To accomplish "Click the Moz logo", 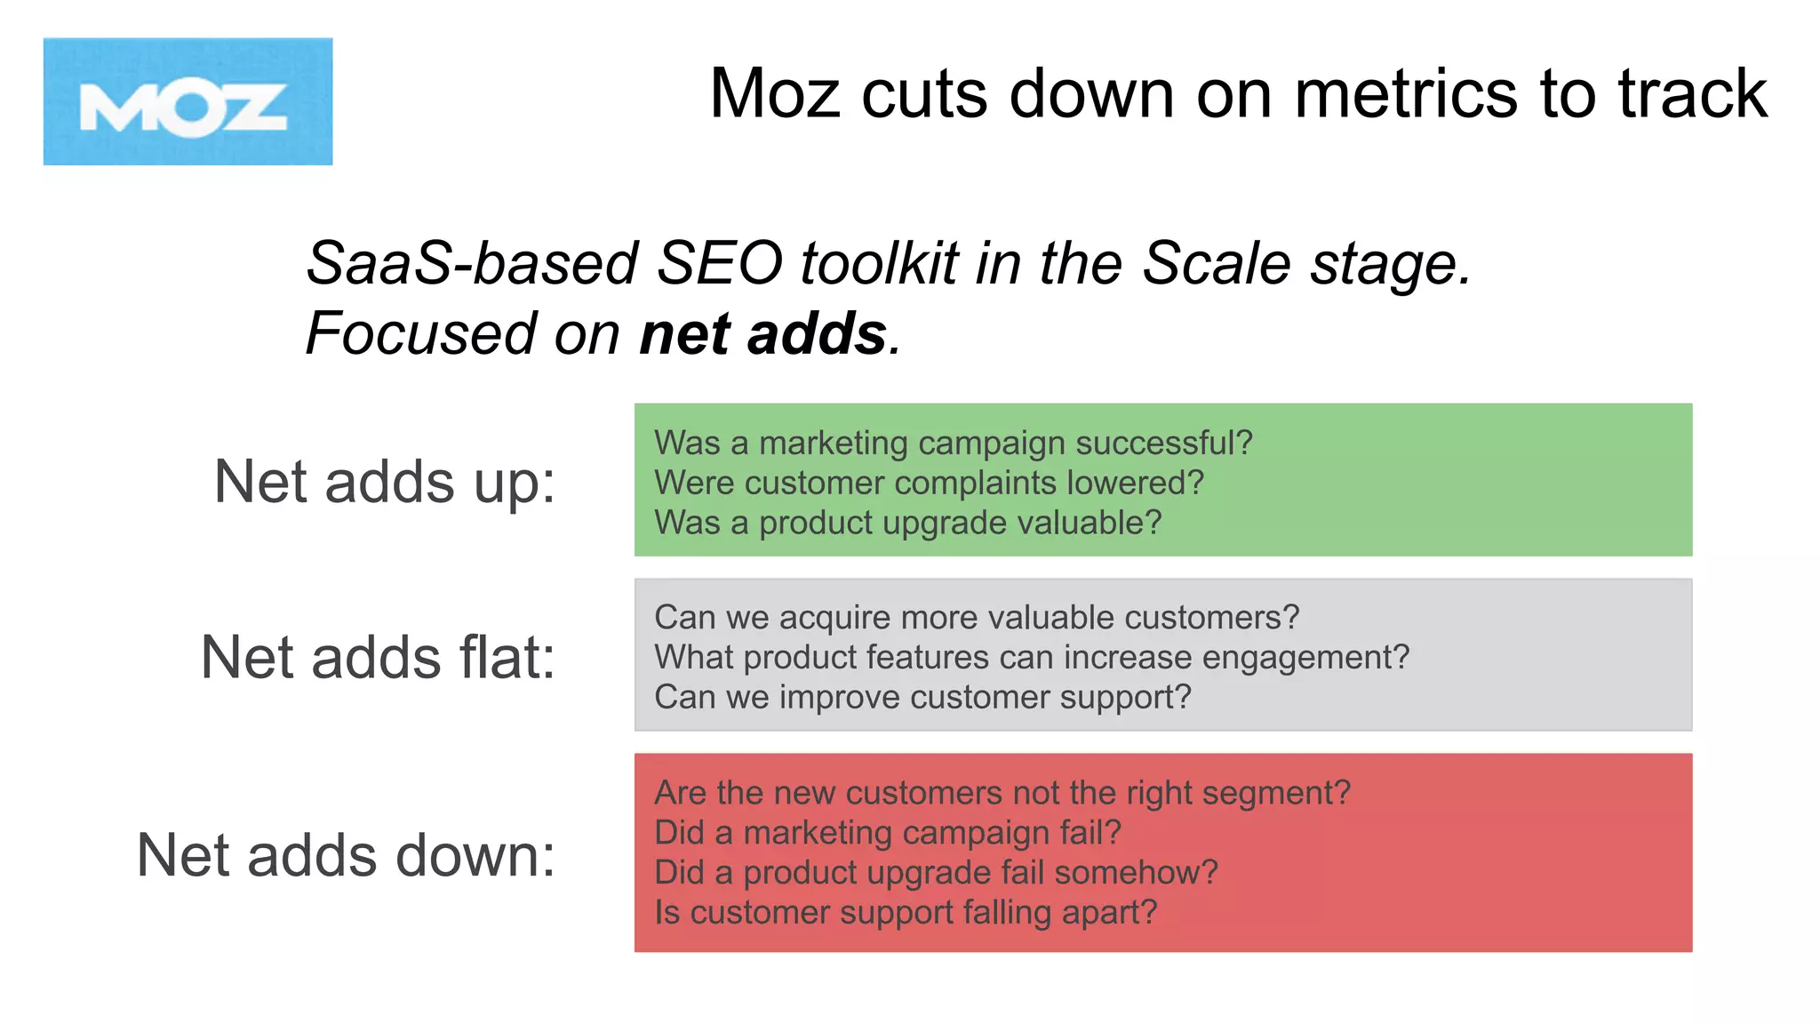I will tap(188, 101).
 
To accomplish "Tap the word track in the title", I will tap(1692, 94).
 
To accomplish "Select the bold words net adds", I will tap(762, 334).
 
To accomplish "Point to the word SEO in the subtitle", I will tap(719, 264).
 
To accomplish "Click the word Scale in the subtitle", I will tap(1216, 264).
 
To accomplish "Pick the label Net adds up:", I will tap(384, 483).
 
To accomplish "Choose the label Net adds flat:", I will tap(378, 658).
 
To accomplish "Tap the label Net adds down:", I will tap(346, 856).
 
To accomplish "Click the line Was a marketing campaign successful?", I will tap(953, 443).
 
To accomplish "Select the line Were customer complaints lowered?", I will tap(929, 483).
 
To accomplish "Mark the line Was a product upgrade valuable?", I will tap(907, 523).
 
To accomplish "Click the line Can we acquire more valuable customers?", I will tap(976, 617).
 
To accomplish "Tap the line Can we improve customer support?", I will tap(922, 697).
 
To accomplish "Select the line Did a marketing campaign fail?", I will tap(887, 833).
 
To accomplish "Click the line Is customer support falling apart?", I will tap(906, 913).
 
